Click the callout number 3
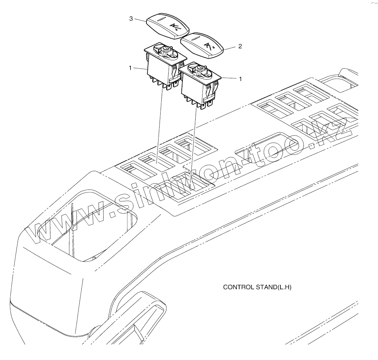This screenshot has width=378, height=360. [x=131, y=19]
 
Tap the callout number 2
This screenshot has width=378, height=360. [x=240, y=46]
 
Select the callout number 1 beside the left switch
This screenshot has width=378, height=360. [x=130, y=68]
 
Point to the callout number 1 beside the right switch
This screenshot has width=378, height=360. [x=240, y=79]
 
